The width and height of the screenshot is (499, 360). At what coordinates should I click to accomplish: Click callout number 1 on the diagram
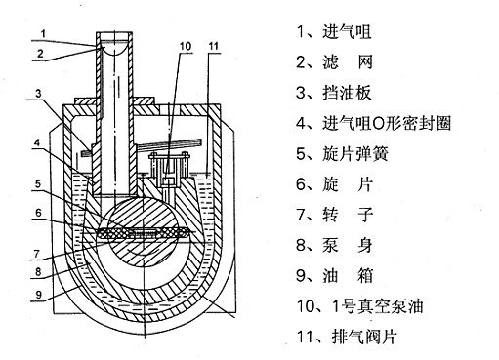coord(43,33)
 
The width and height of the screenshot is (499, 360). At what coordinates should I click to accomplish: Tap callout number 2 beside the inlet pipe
coord(40,54)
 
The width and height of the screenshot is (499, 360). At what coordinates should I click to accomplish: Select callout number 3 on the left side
coord(39,94)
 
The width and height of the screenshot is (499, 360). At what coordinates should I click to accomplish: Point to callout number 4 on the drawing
coord(38,142)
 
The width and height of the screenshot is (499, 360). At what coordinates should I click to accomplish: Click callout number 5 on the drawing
coord(38,184)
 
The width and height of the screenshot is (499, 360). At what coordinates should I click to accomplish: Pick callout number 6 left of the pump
coord(38,213)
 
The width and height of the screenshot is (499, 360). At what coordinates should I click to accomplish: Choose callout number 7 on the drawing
coord(37,254)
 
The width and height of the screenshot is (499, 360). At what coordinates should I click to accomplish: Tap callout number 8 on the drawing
coord(38,271)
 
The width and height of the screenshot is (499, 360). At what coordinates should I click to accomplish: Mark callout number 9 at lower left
coord(39,295)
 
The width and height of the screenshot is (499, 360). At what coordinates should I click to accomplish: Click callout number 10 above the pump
coord(186,46)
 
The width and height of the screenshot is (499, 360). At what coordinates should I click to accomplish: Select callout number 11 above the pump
coord(213,46)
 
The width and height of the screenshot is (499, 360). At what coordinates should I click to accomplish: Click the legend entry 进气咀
coord(347,32)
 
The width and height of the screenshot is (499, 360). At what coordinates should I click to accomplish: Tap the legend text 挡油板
coord(347,93)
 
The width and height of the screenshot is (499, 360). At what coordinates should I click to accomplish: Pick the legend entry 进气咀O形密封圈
coord(387,123)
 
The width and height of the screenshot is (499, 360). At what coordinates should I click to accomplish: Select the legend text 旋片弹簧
coord(355,153)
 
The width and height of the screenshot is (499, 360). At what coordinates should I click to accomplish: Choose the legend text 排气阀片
coord(364,337)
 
